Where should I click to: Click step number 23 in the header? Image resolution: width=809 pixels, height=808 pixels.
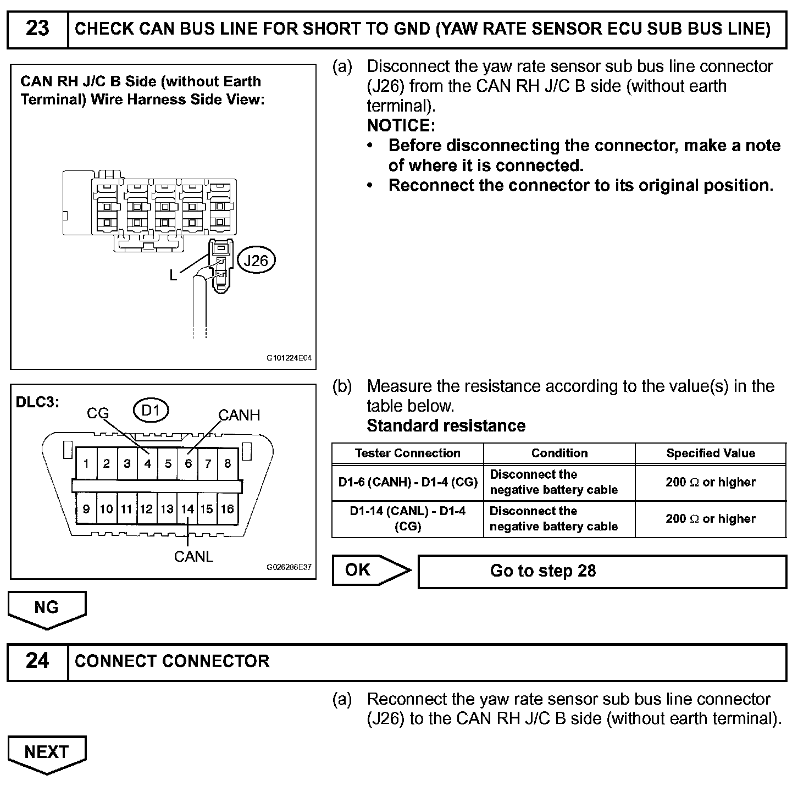tap(37, 29)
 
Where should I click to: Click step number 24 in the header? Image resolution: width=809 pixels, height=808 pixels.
tap(37, 661)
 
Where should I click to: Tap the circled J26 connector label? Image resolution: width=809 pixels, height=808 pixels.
tap(256, 260)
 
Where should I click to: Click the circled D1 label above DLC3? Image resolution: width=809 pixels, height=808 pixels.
tap(151, 411)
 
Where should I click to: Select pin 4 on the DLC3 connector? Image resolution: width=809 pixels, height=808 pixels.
tap(147, 463)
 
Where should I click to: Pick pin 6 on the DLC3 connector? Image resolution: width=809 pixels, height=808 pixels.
tap(188, 463)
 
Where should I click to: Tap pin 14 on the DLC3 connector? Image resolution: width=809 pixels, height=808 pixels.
tap(188, 509)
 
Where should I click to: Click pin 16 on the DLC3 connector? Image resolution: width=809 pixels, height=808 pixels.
tap(228, 509)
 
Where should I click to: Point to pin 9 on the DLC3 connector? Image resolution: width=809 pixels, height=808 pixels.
tap(86, 509)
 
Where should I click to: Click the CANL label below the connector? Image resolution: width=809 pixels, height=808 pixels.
tap(193, 557)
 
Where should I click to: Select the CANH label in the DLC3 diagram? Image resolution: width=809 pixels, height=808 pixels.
tap(239, 415)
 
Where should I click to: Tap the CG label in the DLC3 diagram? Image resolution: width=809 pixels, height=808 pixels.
tap(98, 413)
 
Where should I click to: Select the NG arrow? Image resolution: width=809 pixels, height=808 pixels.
tap(47, 608)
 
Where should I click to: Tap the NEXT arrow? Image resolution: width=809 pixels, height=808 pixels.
tap(47, 752)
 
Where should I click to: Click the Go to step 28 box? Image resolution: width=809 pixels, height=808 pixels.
tap(602, 571)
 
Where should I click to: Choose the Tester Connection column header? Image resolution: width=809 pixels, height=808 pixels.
tap(407, 453)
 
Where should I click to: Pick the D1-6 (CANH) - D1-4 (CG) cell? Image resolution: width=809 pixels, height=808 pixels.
tap(407, 483)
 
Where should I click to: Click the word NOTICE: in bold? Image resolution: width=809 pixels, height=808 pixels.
tap(401, 126)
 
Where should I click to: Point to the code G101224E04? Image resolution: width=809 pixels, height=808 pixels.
tap(289, 358)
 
